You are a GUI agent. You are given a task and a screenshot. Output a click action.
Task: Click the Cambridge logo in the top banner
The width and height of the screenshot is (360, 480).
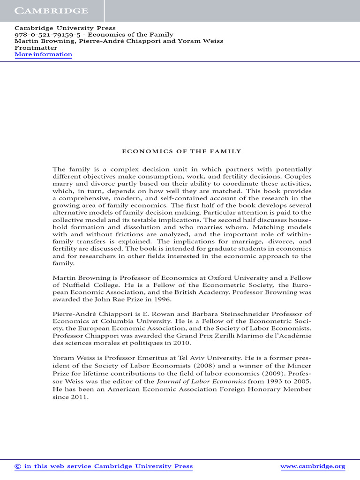51,11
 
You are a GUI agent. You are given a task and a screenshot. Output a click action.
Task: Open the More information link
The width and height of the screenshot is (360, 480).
43,54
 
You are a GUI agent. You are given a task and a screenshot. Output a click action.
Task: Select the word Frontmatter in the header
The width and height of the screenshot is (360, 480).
36,48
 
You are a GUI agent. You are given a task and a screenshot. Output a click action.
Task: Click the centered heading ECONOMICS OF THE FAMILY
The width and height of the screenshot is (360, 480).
181,151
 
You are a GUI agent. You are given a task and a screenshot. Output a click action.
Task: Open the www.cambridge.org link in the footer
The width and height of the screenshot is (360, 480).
313,466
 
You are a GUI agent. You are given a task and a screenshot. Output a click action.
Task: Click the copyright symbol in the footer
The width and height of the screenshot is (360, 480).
18,466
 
